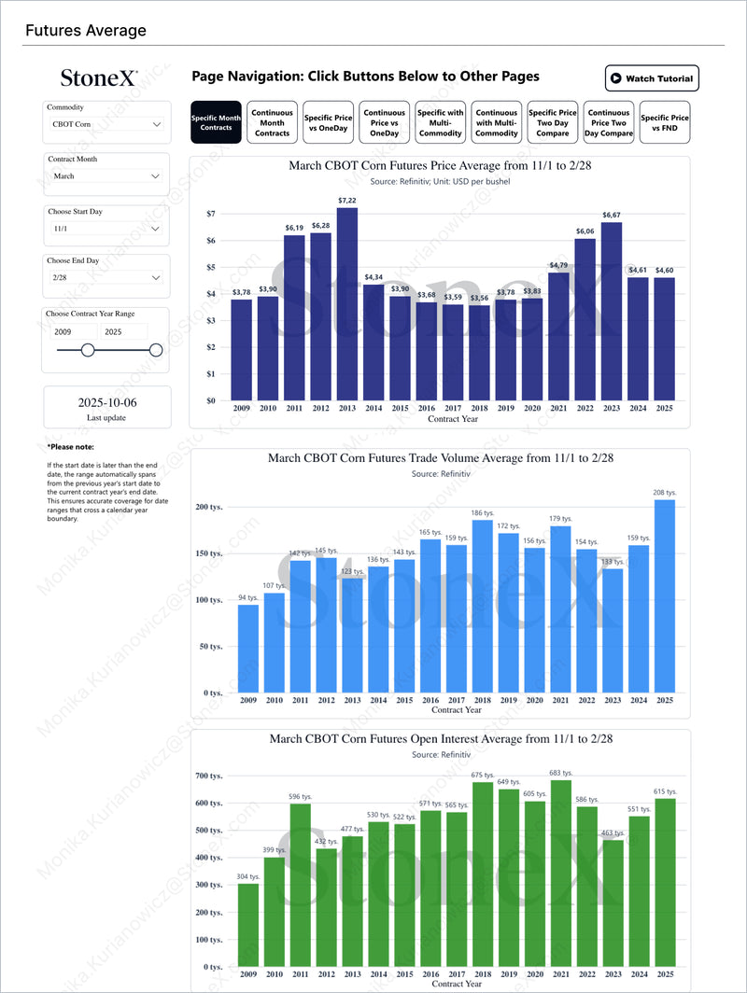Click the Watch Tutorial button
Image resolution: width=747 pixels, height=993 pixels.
click(x=652, y=78)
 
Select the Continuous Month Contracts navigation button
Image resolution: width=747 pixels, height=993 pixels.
click(x=273, y=122)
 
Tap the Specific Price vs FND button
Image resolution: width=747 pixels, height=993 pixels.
click(x=665, y=122)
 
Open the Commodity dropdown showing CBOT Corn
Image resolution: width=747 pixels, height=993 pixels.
click(x=106, y=123)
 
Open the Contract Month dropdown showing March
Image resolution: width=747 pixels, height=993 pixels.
click(x=106, y=175)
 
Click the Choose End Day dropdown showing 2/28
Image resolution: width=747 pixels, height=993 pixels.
click(x=106, y=277)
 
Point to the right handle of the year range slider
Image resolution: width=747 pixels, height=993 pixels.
click(x=156, y=350)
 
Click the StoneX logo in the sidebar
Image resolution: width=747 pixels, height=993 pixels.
click(x=99, y=78)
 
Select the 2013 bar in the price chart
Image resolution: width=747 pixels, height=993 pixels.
click(x=347, y=303)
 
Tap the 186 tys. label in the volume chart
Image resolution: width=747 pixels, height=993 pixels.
click(x=483, y=513)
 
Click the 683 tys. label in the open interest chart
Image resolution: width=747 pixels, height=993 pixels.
click(x=561, y=773)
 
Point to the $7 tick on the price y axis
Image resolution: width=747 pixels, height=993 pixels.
click(x=211, y=214)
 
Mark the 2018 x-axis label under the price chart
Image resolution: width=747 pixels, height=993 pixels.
click(x=479, y=409)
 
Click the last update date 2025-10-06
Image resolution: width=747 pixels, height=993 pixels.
click(x=107, y=402)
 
